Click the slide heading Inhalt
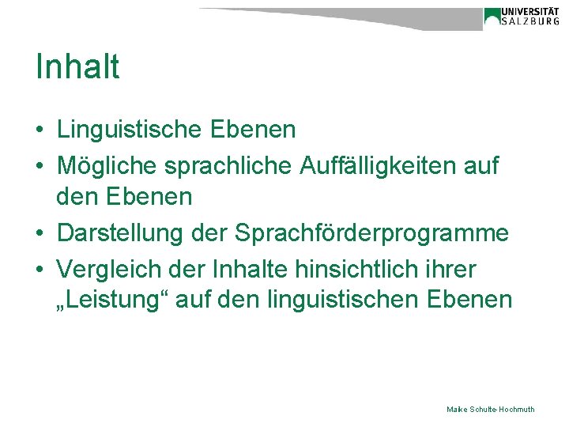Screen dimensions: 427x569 point(77,67)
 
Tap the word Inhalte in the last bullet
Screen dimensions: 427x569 point(246,270)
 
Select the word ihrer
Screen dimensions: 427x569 point(453,270)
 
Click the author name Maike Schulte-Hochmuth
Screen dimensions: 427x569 point(490,409)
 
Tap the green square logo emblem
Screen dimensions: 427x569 point(492,16)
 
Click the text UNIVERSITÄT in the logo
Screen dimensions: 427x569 point(532,12)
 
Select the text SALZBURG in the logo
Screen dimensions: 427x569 point(532,23)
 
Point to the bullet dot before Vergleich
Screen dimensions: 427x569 point(40,270)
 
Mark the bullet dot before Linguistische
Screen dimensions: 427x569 point(40,130)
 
